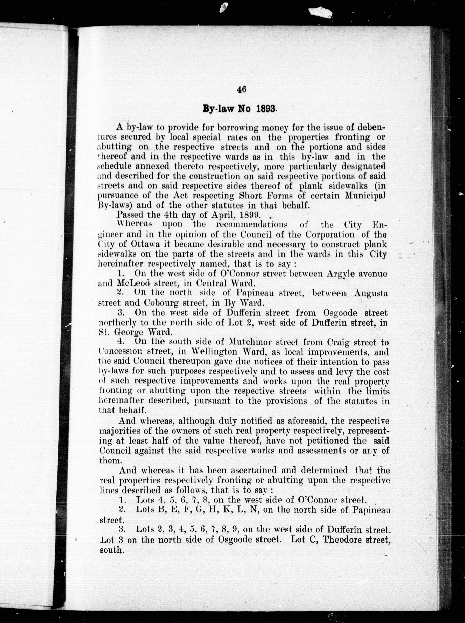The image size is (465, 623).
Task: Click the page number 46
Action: [242, 89]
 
